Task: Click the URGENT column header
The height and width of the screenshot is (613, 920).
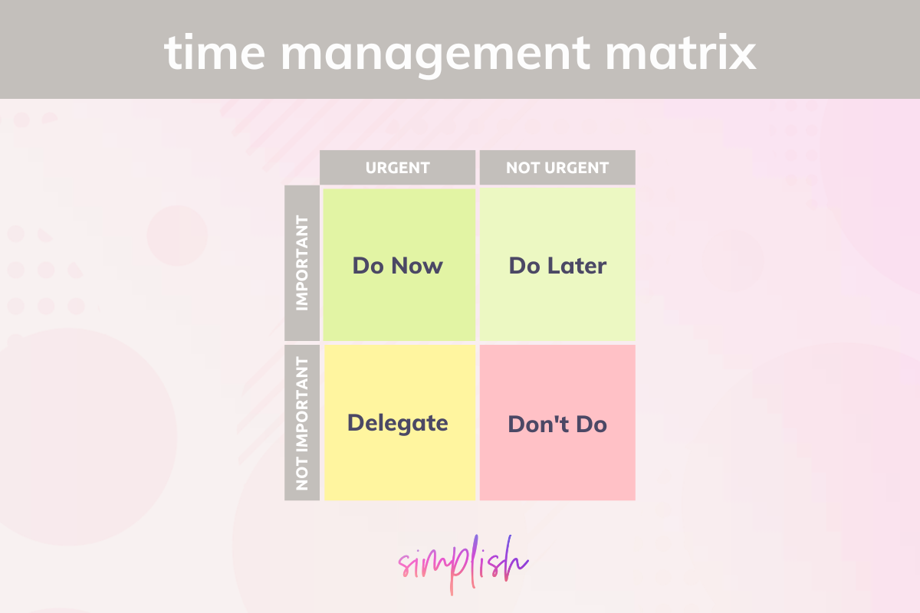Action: tap(398, 168)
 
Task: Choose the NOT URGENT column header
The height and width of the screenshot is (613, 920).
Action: tap(557, 168)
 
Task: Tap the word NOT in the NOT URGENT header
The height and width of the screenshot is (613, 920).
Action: tap(521, 168)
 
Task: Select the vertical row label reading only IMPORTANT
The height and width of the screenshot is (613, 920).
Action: tap(302, 263)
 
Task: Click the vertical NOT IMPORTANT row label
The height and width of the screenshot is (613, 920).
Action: tap(302, 423)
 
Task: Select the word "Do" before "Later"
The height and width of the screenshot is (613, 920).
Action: tap(525, 266)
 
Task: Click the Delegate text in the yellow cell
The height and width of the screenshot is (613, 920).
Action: tap(398, 423)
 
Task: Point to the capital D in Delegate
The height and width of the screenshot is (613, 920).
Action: tap(355, 423)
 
